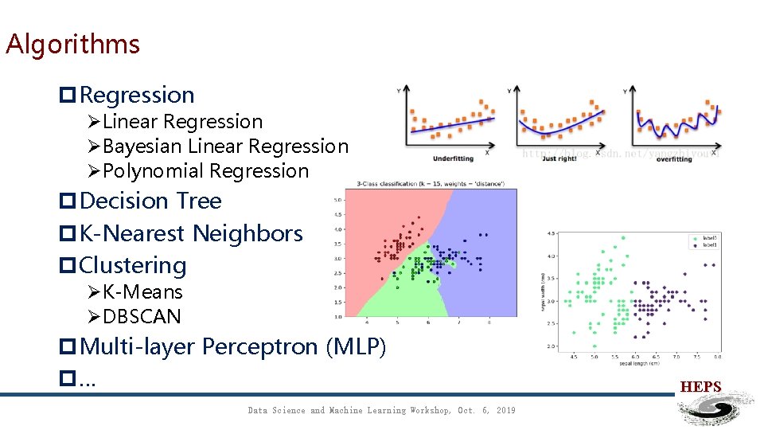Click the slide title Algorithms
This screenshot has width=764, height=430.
pyautogui.click(x=72, y=44)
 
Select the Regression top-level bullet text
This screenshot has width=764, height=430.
pyautogui.click(x=137, y=96)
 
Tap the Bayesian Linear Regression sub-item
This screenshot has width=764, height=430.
pyautogui.click(x=225, y=147)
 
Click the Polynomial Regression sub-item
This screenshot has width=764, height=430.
pyautogui.click(x=205, y=171)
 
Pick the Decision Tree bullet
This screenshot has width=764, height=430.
pyautogui.click(x=150, y=201)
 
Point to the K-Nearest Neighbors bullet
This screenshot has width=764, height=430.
pyautogui.click(x=191, y=234)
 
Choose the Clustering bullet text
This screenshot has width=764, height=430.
pyautogui.click(x=133, y=266)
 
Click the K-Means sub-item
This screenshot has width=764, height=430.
pyautogui.click(x=142, y=292)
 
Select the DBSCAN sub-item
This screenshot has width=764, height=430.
pyautogui.click(x=142, y=317)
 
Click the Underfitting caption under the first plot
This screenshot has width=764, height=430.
pyautogui.click(x=453, y=158)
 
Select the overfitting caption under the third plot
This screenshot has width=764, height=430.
pyautogui.click(x=673, y=159)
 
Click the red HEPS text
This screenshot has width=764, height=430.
pyautogui.click(x=700, y=387)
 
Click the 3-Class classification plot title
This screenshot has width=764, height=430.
pyautogui.click(x=431, y=184)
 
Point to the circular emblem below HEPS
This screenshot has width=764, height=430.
pyautogui.click(x=715, y=410)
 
